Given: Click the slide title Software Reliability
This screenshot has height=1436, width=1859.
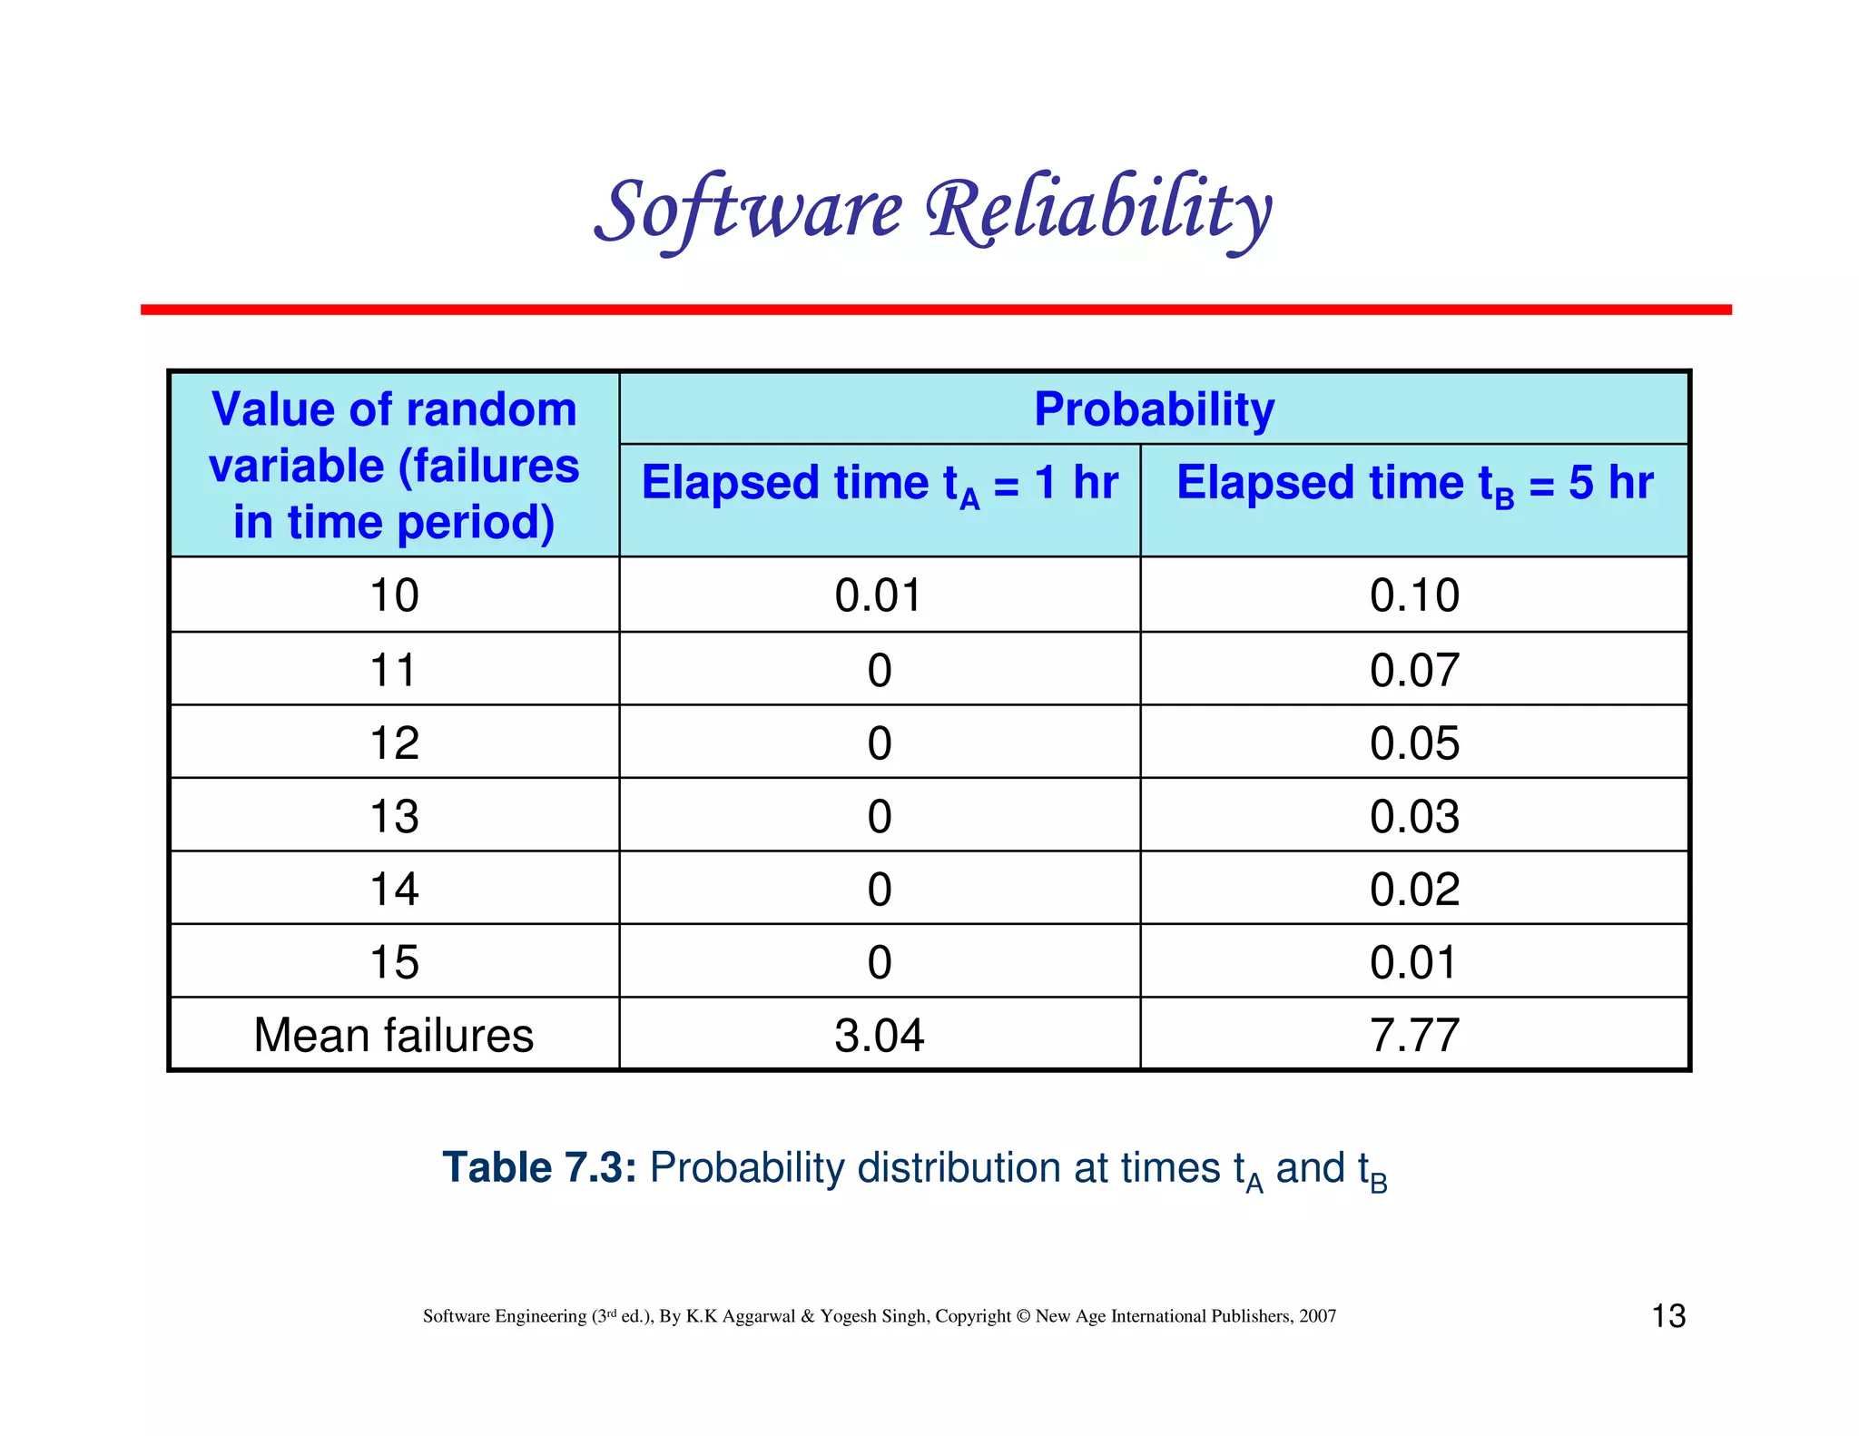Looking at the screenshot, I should (933, 211).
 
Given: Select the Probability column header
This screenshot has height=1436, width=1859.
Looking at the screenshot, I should (1154, 409).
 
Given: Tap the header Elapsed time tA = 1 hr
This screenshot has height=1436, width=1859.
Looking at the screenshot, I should (879, 483).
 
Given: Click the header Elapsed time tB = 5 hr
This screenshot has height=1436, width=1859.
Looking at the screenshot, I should (1414, 483).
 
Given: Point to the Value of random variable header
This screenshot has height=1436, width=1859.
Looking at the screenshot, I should (394, 465).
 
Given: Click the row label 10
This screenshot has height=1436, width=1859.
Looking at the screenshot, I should (394, 595).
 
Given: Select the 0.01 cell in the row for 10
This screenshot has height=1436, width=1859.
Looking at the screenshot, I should (879, 595).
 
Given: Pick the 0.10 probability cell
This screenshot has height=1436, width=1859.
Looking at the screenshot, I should (1414, 595).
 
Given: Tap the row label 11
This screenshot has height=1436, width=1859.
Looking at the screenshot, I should (394, 670).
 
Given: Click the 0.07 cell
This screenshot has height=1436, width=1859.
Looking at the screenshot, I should (1414, 670).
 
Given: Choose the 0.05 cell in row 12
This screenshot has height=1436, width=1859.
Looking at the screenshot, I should (1414, 743).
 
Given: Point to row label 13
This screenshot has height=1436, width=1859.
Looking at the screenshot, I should (394, 816).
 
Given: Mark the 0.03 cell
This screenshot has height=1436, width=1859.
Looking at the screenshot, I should (1414, 816).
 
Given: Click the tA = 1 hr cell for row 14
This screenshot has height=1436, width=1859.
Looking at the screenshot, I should (879, 889).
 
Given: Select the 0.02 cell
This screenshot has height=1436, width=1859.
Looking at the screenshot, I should (1414, 889).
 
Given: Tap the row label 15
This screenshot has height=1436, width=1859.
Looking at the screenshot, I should (394, 962).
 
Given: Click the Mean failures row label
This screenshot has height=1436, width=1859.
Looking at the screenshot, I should (394, 1035).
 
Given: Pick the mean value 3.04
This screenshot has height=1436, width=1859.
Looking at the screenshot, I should (879, 1035).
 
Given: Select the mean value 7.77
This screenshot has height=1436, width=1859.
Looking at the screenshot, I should (1414, 1035).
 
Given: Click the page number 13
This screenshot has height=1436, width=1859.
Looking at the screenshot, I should (1668, 1316).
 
